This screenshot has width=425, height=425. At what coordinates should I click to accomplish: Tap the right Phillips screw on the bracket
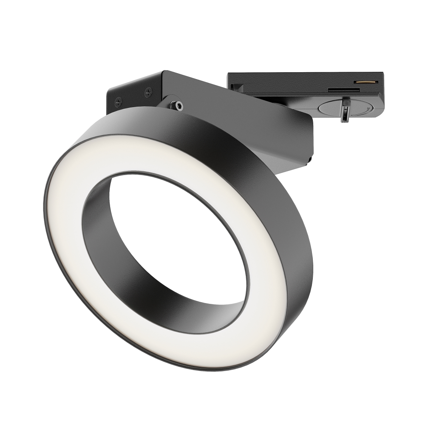[x=148, y=92]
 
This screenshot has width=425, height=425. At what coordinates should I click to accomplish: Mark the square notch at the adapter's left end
[x=237, y=87]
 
